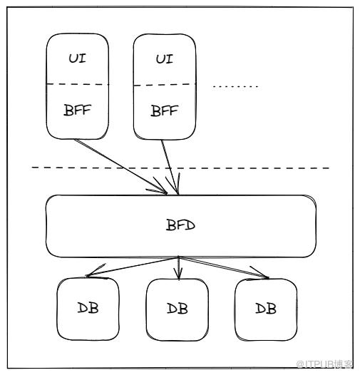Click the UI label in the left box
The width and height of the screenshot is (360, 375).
(x=77, y=58)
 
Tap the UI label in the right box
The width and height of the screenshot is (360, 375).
(x=165, y=59)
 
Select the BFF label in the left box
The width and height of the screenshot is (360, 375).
(x=77, y=110)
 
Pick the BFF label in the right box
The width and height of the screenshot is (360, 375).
(x=165, y=111)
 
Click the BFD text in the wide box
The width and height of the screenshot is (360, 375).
(x=180, y=225)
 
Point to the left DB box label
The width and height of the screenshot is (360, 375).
(x=88, y=308)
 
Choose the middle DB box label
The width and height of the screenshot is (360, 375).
(x=178, y=309)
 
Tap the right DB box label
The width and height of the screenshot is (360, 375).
(x=266, y=308)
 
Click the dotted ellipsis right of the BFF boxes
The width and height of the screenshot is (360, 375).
(x=236, y=86)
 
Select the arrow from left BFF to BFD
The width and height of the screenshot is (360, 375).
(x=120, y=166)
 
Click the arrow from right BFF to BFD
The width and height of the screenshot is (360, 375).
(x=170, y=167)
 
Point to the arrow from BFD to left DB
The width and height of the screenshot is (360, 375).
(x=133, y=267)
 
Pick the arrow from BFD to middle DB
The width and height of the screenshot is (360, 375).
(x=178, y=268)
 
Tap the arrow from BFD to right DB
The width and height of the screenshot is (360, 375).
(x=224, y=267)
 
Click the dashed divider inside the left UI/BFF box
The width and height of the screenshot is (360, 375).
(x=77, y=84)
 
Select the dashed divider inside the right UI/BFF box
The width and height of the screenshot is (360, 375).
(x=165, y=85)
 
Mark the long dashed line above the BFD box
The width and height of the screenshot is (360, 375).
(x=180, y=168)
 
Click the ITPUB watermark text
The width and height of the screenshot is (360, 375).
(x=324, y=364)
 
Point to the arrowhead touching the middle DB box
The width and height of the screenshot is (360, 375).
(x=178, y=274)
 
